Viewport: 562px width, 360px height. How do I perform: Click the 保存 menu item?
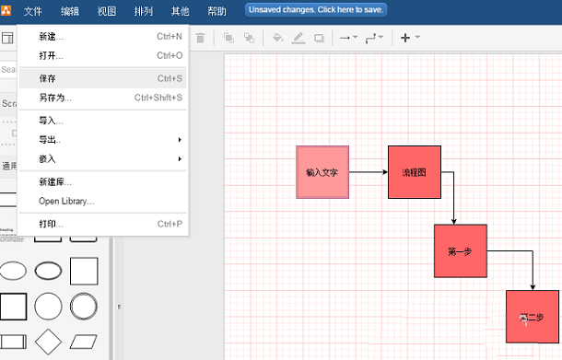pyautogui.click(x=48, y=79)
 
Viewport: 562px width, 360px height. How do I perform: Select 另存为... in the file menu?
pyautogui.click(x=55, y=98)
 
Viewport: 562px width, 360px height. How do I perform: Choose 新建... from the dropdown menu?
pyautogui.click(x=52, y=37)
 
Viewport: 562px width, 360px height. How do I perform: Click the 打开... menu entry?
pyautogui.click(x=52, y=55)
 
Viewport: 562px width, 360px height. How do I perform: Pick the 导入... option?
pyautogui.click(x=52, y=121)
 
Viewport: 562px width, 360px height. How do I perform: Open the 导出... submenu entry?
pyautogui.click(x=52, y=140)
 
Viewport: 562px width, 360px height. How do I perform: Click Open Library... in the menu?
pyautogui.click(x=66, y=201)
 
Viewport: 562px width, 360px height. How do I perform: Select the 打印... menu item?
pyautogui.click(x=52, y=224)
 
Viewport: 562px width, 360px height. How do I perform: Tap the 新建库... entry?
pyautogui.click(x=55, y=182)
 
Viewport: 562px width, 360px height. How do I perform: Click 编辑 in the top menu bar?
pyautogui.click(x=70, y=12)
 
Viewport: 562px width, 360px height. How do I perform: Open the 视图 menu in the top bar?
pyautogui.click(x=107, y=12)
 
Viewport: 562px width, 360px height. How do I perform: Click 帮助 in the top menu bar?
pyautogui.click(x=217, y=12)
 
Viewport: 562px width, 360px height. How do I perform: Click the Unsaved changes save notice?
pyautogui.click(x=316, y=10)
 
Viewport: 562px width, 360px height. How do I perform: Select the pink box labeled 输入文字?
pyautogui.click(x=322, y=172)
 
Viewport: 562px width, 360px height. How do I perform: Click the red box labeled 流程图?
pyautogui.click(x=415, y=172)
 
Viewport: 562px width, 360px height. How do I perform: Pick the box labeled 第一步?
pyautogui.click(x=460, y=250)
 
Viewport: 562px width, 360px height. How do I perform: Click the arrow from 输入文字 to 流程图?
pyautogui.click(x=369, y=172)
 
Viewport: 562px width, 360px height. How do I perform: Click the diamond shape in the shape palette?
pyautogui.click(x=48, y=342)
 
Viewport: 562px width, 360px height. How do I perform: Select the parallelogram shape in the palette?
pyautogui.click(x=84, y=342)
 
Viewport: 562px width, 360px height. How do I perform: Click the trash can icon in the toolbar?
pyautogui.click(x=200, y=38)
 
